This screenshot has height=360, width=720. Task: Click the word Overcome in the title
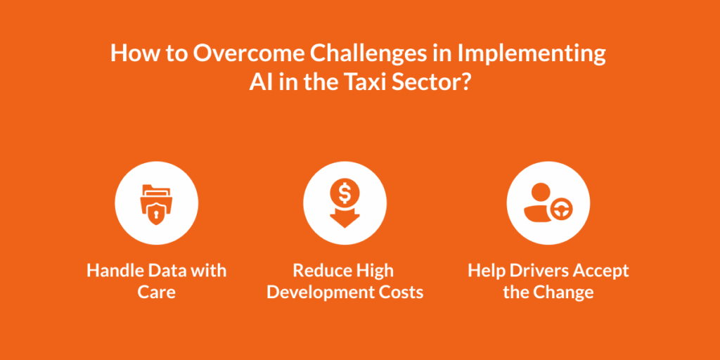[248, 53]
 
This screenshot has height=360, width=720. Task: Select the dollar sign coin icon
[345, 194]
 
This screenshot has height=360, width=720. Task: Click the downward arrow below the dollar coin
[345, 218]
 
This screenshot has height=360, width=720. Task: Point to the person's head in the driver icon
[541, 191]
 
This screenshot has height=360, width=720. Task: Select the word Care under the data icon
[157, 292]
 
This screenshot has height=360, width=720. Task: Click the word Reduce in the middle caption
[319, 271]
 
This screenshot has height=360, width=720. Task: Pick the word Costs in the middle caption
[402, 292]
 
